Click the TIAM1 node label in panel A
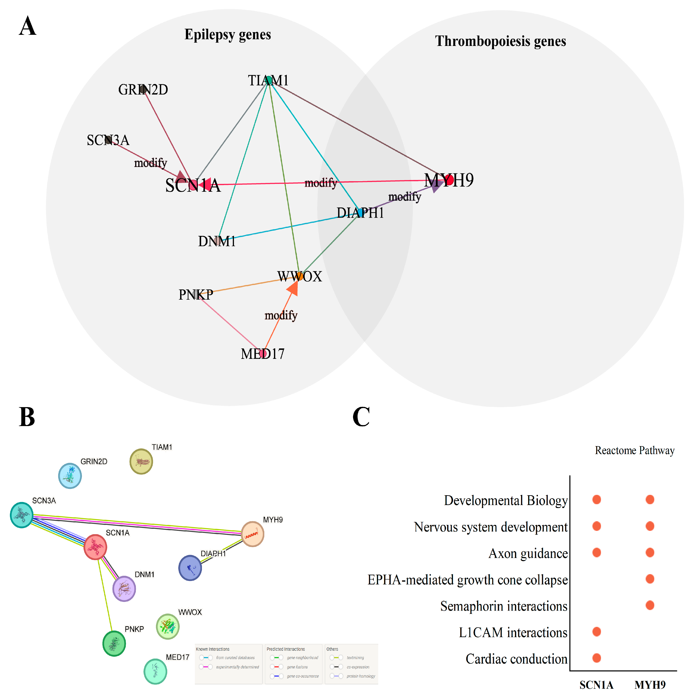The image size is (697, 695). tap(268, 80)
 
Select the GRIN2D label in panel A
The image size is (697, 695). tap(143, 90)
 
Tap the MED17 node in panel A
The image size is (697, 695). tap(263, 353)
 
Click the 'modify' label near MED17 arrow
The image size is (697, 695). tap(281, 315)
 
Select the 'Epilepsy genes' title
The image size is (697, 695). tap(228, 34)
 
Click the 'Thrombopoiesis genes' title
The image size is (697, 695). tap(500, 41)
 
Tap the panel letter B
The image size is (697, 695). tap(27, 417)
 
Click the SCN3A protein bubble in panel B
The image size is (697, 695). tap(22, 515)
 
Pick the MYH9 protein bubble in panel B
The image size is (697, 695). tap(253, 534)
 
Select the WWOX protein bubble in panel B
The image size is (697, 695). tap(168, 626)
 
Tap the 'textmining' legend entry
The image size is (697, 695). tap(355, 658)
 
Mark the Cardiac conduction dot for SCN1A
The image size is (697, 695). tap(597, 658)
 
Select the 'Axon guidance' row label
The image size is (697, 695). tap(528, 553)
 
